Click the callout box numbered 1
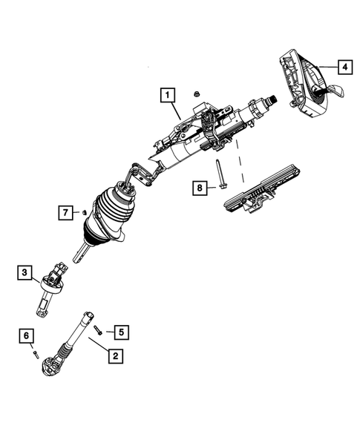click(168, 95)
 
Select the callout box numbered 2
click(114, 357)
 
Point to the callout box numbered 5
click(124, 332)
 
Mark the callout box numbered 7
click(66, 214)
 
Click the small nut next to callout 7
click(85, 213)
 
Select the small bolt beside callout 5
click(108, 330)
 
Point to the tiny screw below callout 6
click(34, 354)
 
